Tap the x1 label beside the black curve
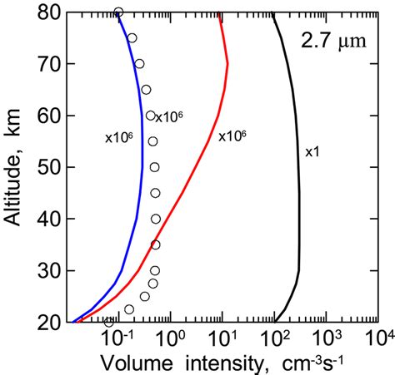coord(311,151)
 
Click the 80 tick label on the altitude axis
coord(47,13)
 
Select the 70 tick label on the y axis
coord(47,65)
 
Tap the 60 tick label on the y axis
coord(47,116)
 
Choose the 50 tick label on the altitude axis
coord(47,168)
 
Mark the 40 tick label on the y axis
coord(47,220)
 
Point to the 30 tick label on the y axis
coord(47,271)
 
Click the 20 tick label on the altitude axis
coord(47,322)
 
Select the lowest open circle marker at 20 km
coord(108,322)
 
